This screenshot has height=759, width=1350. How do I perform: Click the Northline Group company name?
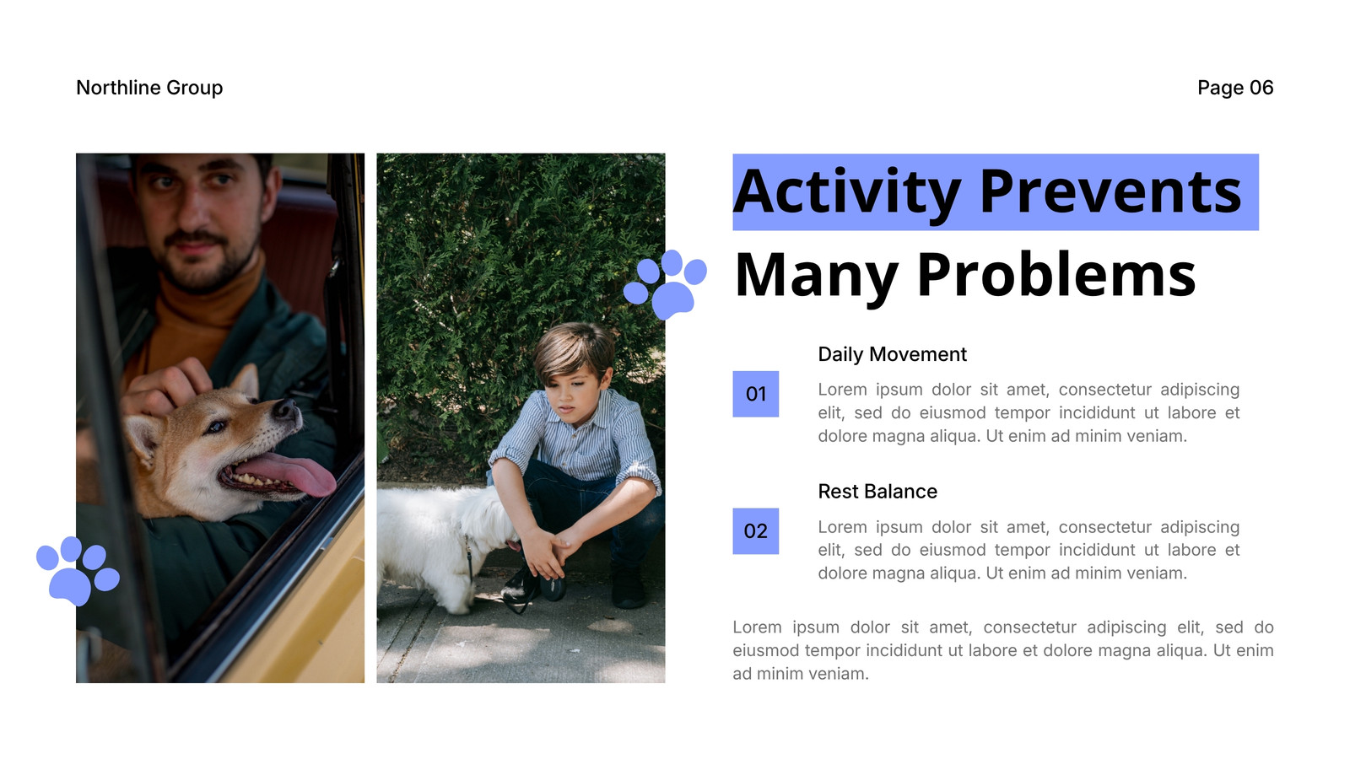tap(149, 88)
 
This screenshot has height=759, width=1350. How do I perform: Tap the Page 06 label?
tap(1235, 88)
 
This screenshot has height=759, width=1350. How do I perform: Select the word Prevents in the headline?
tap(1110, 192)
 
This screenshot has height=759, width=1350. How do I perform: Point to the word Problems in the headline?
tap(1056, 275)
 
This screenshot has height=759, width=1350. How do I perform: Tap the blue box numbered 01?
tap(756, 394)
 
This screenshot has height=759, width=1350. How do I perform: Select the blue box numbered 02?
tap(756, 531)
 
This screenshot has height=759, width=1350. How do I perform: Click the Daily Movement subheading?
tap(892, 354)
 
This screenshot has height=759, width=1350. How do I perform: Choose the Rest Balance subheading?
tap(877, 492)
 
